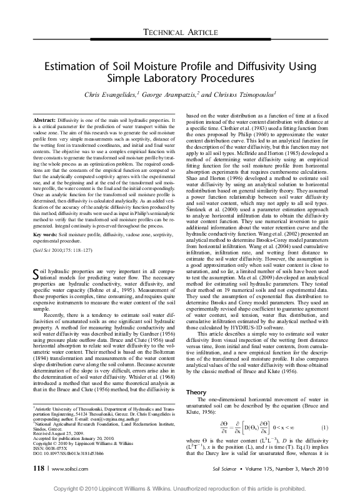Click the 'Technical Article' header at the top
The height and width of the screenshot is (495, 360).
coord(180,32)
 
